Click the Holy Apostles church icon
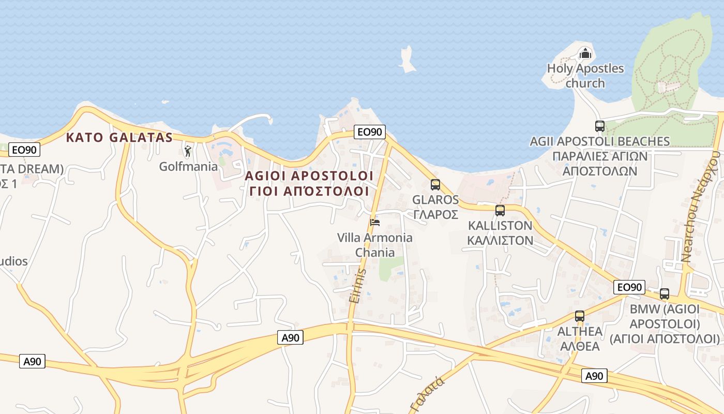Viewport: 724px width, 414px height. click(x=585, y=53)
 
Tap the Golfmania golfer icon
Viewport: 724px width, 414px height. click(x=188, y=152)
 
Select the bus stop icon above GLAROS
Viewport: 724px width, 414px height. click(x=435, y=185)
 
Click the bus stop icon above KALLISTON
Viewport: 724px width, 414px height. click(x=500, y=211)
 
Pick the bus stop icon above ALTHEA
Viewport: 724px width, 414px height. click(x=580, y=316)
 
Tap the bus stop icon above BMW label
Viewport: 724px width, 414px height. click(x=665, y=294)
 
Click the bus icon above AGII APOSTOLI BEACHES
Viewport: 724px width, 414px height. click(x=599, y=126)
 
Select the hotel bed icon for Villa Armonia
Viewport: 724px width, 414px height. click(x=375, y=223)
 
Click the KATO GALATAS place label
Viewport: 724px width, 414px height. click(x=119, y=138)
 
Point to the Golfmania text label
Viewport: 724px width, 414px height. click(x=188, y=167)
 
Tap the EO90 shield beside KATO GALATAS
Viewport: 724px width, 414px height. click(x=24, y=150)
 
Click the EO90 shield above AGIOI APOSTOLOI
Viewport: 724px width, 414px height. click(x=369, y=132)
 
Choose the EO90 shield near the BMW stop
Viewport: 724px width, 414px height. click(x=629, y=287)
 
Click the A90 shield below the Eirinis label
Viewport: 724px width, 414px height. click(x=290, y=338)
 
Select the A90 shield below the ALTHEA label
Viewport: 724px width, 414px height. click(x=594, y=376)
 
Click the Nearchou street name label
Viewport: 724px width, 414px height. click(x=701, y=210)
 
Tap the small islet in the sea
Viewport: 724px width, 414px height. click(x=408, y=59)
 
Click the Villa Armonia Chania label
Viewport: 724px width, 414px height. click(x=375, y=245)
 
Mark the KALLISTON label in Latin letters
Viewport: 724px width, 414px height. click(x=500, y=226)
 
